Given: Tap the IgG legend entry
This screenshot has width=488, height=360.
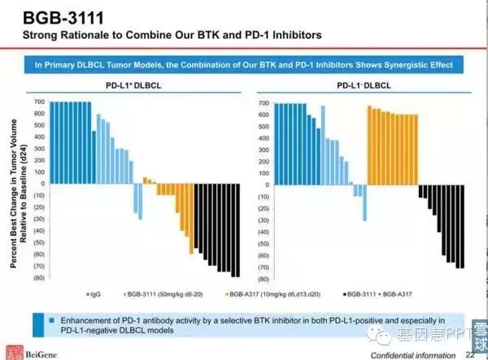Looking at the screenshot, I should click(94, 293).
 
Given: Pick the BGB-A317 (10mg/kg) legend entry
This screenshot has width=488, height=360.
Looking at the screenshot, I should click(272, 293).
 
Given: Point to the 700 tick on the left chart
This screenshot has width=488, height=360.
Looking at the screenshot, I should click(38, 102).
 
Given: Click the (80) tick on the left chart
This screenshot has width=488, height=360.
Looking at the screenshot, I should click(38, 279).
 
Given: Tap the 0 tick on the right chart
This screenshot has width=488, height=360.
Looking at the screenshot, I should click(264, 185).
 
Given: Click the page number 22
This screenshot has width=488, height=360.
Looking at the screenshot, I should click(470, 354).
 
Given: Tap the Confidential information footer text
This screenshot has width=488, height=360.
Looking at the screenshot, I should click(412, 355).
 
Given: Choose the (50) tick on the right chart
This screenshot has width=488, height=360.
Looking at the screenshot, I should click(261, 244).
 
